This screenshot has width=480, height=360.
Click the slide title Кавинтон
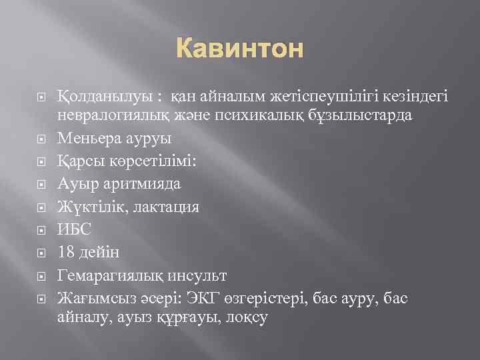[x=239, y=49]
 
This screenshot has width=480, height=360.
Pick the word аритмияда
[x=142, y=183]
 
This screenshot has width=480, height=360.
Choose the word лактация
[x=164, y=207]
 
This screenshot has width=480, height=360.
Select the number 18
[x=67, y=252]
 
